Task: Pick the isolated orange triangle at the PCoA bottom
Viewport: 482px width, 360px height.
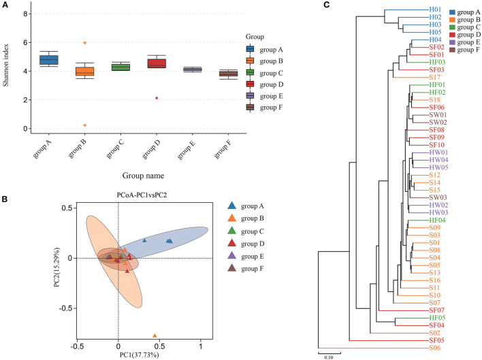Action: click(155, 336)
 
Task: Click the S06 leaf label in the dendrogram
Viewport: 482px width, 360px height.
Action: click(434, 348)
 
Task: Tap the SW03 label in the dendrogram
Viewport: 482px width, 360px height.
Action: click(438, 197)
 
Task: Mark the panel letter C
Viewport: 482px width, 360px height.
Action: click(327, 5)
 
